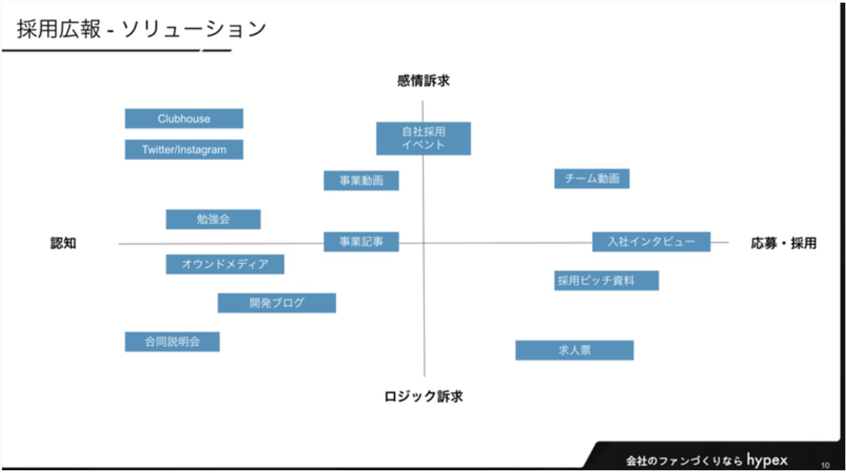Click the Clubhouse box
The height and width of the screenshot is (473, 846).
(x=184, y=119)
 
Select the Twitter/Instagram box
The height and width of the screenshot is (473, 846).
(x=184, y=150)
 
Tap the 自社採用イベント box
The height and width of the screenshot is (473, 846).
(x=423, y=138)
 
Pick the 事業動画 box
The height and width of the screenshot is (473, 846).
(x=361, y=181)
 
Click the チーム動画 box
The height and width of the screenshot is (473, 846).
(x=592, y=179)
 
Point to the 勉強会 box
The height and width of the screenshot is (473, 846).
(x=213, y=219)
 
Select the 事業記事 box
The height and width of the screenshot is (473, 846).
(x=361, y=242)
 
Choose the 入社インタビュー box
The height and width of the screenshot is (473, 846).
(x=651, y=242)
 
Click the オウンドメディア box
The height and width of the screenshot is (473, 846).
(x=225, y=264)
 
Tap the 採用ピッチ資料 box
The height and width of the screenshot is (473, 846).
(x=606, y=281)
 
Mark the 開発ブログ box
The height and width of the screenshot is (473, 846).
(x=277, y=303)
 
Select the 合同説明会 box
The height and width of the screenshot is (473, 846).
(x=172, y=342)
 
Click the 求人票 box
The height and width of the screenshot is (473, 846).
(x=574, y=350)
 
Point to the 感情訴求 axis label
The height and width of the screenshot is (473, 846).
(x=423, y=81)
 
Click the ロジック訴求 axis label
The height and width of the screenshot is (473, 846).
(x=423, y=397)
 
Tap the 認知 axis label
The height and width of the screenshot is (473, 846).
(x=63, y=244)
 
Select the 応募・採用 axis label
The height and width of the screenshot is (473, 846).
(x=783, y=244)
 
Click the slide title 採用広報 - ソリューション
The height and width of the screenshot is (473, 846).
(x=141, y=29)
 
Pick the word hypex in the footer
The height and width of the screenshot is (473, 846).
(x=767, y=460)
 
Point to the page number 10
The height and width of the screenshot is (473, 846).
(x=825, y=465)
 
